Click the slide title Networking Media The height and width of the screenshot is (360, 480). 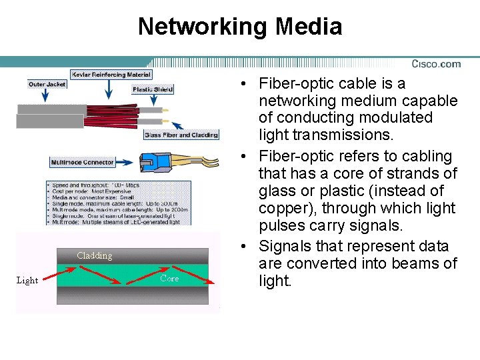(240, 27)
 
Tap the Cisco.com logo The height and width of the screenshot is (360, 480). (436, 64)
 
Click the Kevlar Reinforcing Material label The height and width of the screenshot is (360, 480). (111, 75)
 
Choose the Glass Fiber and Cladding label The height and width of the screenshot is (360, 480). (181, 135)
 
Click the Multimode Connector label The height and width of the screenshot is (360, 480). (83, 162)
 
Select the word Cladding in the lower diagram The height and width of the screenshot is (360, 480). (95, 255)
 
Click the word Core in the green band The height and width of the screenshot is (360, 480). (169, 279)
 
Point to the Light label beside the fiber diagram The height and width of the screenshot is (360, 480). (27, 280)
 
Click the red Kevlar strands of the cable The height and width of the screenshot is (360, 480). (120, 113)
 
